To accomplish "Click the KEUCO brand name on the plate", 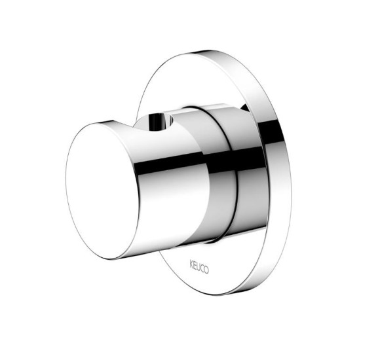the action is pyautogui.click(x=199, y=267).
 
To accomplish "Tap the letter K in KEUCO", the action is pyautogui.click(x=191, y=264).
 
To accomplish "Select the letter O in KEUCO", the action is pyautogui.click(x=206, y=270).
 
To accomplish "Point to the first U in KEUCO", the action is pyautogui.click(x=199, y=267).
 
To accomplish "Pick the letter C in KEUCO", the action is pyautogui.click(x=202, y=268).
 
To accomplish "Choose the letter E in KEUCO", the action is pyautogui.click(x=195, y=265).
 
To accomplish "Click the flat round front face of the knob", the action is pyautogui.click(x=102, y=190).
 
